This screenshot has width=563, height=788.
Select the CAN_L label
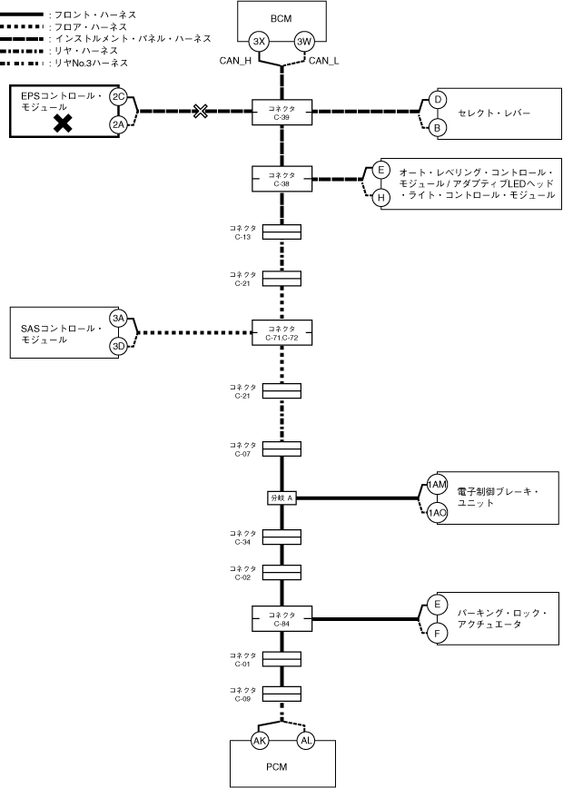tap(324, 62)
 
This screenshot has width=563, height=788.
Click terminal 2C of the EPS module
tap(118, 96)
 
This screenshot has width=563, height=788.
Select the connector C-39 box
tap(281, 112)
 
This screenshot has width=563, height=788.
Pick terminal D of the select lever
tap(438, 100)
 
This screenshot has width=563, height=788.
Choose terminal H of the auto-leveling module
tap(381, 196)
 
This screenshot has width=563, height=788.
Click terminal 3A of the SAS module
tap(118, 318)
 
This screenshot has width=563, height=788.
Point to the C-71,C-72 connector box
tap(281, 332)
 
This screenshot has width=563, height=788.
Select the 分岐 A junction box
tap(281, 498)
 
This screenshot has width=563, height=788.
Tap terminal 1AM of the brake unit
tap(438, 486)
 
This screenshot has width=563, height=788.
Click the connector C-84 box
tap(281, 619)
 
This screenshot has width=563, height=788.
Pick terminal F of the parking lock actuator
tap(438, 633)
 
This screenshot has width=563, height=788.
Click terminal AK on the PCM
tap(260, 740)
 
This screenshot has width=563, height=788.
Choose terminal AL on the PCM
tap(304, 740)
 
